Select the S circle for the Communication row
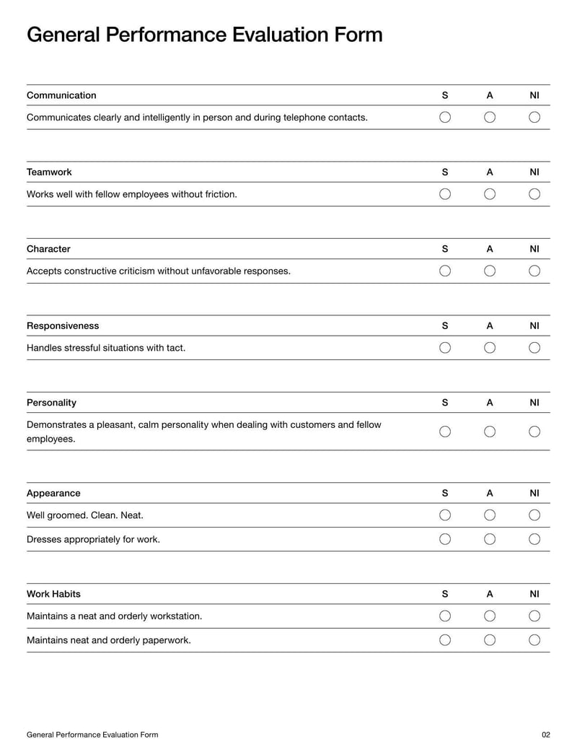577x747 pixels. point(445,117)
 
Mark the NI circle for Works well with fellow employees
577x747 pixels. point(534,193)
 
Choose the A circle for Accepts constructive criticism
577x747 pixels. point(490,271)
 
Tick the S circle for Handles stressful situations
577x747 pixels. point(445,347)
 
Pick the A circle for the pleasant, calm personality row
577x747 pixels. point(490,432)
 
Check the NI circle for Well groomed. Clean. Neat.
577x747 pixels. point(534,515)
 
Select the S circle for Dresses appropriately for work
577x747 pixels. point(445,538)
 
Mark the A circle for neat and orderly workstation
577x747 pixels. point(490,616)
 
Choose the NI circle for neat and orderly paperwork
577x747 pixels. point(534,639)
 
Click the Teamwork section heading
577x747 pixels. point(49,172)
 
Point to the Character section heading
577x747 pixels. point(48,249)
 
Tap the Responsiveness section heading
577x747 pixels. point(63,326)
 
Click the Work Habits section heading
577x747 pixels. point(53,594)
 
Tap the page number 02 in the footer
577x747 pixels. point(545,735)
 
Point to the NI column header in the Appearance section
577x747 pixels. point(534,494)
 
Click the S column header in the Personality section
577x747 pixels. point(445,403)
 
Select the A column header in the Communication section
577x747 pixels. point(490,95)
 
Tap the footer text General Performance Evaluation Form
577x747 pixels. point(92,735)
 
